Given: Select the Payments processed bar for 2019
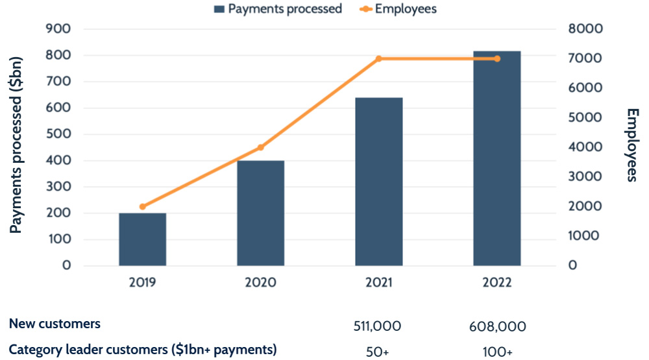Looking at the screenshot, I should click(x=143, y=239).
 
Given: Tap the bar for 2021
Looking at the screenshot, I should click(x=379, y=182).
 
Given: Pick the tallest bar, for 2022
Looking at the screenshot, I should click(x=497, y=158).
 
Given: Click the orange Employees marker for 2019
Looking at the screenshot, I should click(x=143, y=206).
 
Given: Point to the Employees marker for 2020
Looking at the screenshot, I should click(x=261, y=147).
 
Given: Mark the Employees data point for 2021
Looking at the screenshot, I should click(x=379, y=58).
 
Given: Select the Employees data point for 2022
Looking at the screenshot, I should click(x=497, y=58).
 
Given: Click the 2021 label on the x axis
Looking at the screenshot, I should click(x=379, y=283).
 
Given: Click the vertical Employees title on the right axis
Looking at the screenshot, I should click(x=632, y=145).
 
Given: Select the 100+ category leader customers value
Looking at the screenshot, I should click(x=497, y=351).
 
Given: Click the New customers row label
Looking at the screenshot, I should click(x=55, y=323).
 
